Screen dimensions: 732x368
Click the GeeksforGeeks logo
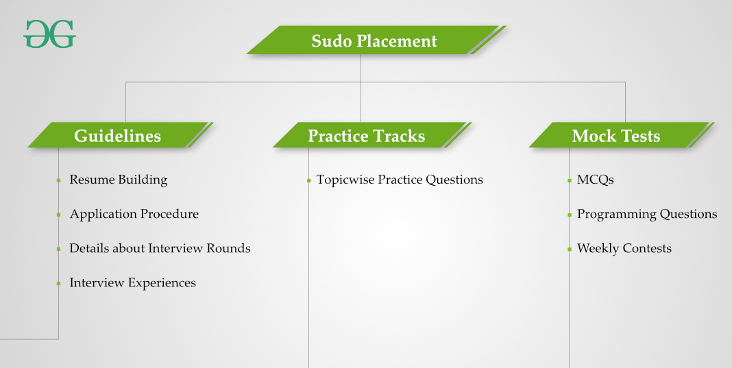[49, 34]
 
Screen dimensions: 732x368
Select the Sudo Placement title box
[374, 40]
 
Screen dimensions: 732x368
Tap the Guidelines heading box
[118, 136]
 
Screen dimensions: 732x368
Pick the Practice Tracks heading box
[367, 136]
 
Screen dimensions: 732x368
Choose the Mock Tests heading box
[616, 136]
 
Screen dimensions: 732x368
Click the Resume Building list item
[118, 180]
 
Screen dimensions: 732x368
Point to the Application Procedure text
[134, 214]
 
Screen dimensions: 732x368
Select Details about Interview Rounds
[160, 248]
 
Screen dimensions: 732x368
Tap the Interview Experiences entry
[132, 282]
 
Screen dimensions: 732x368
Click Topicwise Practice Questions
[400, 180]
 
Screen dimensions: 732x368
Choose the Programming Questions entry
[647, 214]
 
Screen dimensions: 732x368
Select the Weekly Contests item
[624, 248]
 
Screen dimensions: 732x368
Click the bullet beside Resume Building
[58, 180]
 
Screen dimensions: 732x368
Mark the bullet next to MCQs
[569, 180]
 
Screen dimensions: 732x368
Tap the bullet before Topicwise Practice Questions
[308, 180]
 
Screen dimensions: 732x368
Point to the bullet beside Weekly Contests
[569, 249]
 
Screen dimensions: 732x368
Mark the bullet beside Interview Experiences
[58, 283]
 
